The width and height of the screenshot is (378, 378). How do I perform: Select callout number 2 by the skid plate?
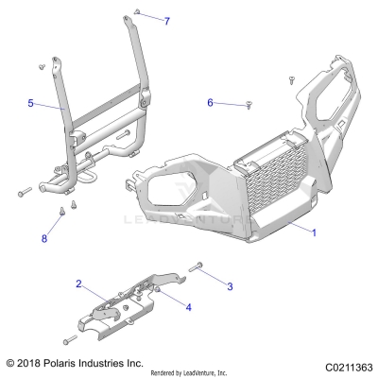(79, 283)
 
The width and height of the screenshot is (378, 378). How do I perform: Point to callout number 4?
(187, 307)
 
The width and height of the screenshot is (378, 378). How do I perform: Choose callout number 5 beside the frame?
(31, 103)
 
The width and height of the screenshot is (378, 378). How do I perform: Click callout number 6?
(212, 103)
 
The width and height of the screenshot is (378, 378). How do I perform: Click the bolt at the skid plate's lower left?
(69, 340)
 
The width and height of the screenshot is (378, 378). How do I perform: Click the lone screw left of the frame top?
(42, 66)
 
